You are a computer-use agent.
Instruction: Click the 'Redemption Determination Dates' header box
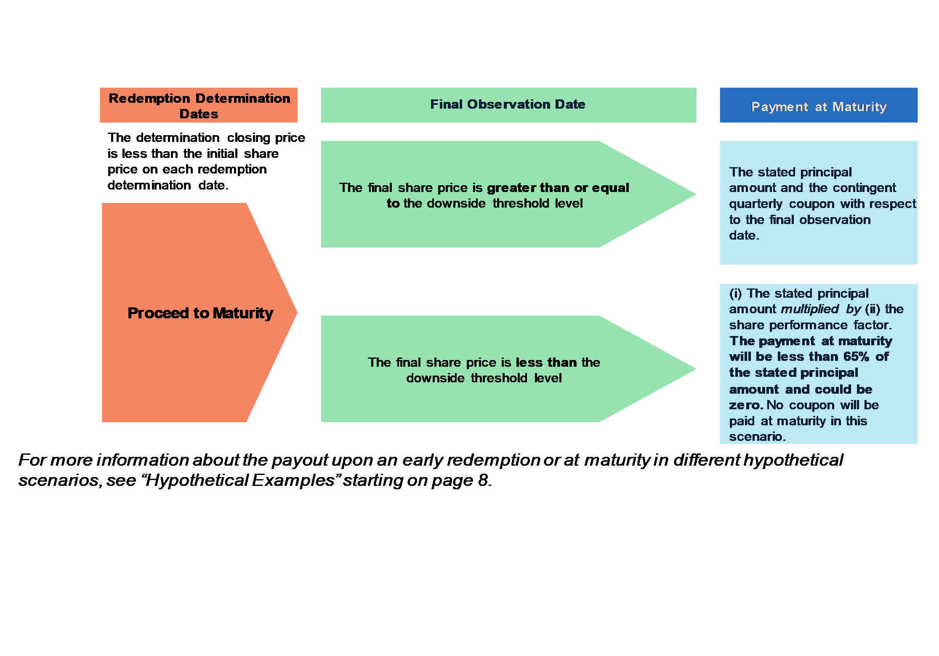pyautogui.click(x=199, y=105)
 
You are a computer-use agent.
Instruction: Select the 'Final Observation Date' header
pyautogui.click(x=508, y=105)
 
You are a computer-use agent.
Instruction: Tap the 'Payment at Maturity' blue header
pyautogui.click(x=819, y=105)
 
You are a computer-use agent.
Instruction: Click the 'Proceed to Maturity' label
pyautogui.click(x=200, y=313)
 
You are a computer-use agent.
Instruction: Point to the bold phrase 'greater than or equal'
pyautogui.click(x=558, y=188)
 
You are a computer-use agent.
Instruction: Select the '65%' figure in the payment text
pyautogui.click(x=857, y=357)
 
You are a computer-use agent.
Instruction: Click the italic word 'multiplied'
pyautogui.click(x=810, y=309)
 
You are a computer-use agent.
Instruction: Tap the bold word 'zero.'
pyautogui.click(x=746, y=405)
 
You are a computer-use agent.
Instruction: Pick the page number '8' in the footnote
pyautogui.click(x=483, y=480)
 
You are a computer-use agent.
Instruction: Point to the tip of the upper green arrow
pyautogui.click(x=696, y=194)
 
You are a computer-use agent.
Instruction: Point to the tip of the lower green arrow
pyautogui.click(x=696, y=369)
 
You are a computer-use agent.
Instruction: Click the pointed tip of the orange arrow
pyautogui.click(x=297, y=312)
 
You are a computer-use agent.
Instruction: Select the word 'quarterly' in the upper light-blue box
pyautogui.click(x=756, y=204)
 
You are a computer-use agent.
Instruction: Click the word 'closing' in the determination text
pyautogui.click(x=249, y=138)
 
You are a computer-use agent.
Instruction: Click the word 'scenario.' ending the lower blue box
pyautogui.click(x=758, y=437)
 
